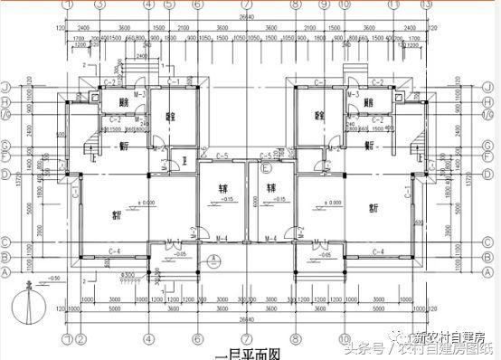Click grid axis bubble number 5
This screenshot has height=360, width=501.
pos(170,5)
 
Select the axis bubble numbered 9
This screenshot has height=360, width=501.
pos(324,5)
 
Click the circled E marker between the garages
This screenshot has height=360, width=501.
pos(266,167)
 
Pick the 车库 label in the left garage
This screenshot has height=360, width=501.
pos(221,190)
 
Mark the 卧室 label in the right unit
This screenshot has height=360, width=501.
pos(319,116)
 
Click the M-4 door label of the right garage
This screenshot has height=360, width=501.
pos(270,239)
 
